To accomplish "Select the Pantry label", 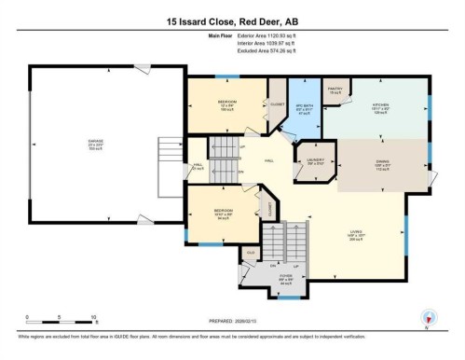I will [x=336, y=91].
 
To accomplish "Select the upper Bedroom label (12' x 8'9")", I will [x=226, y=104].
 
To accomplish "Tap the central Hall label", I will [x=268, y=160].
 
